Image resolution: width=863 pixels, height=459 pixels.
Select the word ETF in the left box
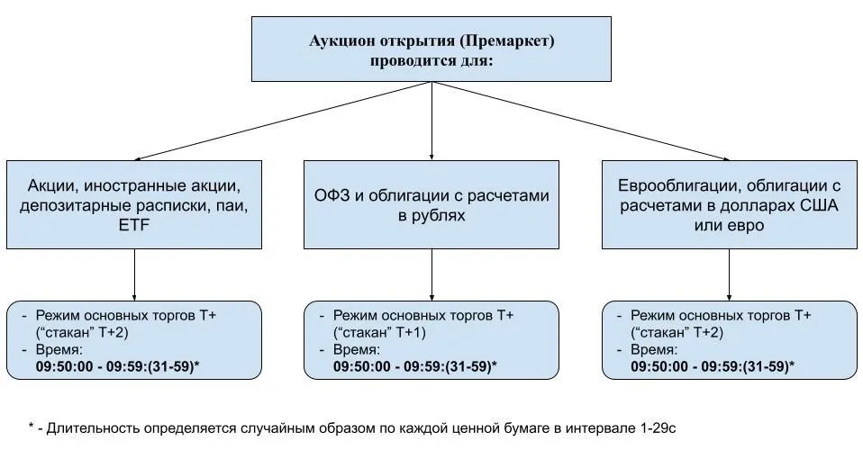pos(133,225)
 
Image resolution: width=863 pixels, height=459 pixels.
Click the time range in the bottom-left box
pos(117,366)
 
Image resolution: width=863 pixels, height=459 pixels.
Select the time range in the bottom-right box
pos(713,366)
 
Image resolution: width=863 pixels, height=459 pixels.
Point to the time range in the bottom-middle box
pos(415,366)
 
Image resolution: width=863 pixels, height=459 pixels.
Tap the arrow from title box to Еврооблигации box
pos(581,121)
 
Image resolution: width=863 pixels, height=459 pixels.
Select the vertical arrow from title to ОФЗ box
pos(431,121)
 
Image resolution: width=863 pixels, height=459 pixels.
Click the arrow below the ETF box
pos(134,274)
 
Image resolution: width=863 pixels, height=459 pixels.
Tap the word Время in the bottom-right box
pos(654,349)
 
